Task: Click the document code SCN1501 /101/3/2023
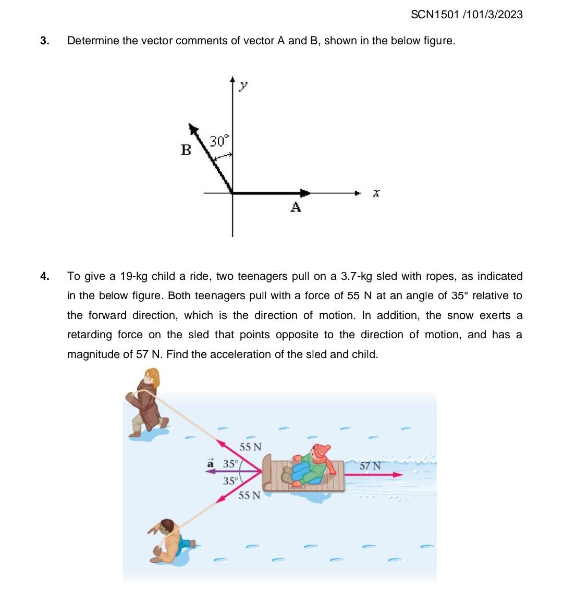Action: [x=466, y=15]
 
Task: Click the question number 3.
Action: [x=45, y=41]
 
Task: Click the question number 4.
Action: [x=45, y=276]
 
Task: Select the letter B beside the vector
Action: [x=186, y=150]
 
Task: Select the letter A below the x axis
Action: [x=296, y=207]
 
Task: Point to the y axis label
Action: [x=243, y=86]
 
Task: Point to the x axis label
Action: [x=375, y=193]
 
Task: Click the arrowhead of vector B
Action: [x=194, y=129]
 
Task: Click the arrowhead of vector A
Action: [x=305, y=193]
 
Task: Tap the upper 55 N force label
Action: [x=250, y=447]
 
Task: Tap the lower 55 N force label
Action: [x=249, y=495]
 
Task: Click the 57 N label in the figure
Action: [x=370, y=465]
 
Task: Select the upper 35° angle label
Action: [x=230, y=463]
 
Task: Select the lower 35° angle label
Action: [x=230, y=481]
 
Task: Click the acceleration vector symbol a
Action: [x=211, y=463]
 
